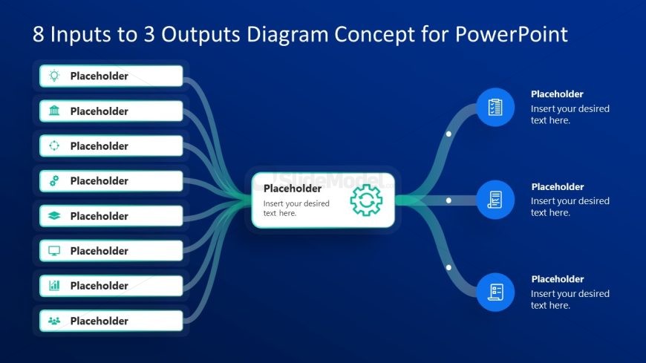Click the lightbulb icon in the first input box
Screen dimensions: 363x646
click(x=54, y=76)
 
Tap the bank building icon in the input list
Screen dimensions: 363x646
click(x=54, y=111)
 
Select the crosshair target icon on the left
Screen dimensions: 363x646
click(x=54, y=146)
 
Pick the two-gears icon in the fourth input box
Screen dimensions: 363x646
click(x=54, y=180)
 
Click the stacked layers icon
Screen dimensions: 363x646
click(x=54, y=216)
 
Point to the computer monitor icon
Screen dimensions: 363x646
click(x=54, y=251)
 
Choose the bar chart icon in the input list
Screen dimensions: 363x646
click(x=54, y=285)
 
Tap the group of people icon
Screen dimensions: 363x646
click(x=54, y=321)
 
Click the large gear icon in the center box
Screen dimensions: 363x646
click(x=366, y=200)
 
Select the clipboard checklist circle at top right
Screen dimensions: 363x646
click(x=495, y=107)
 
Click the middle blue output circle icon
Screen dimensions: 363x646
click(x=495, y=200)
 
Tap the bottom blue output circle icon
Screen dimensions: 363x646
click(x=495, y=292)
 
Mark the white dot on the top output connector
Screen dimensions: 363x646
click(x=448, y=134)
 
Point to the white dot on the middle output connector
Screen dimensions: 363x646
click(x=448, y=200)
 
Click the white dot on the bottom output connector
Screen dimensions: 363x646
click(x=448, y=266)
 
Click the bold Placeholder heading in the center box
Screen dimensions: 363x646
click(x=293, y=189)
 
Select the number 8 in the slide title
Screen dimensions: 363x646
click(x=39, y=34)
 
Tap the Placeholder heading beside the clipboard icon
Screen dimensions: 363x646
click(x=557, y=94)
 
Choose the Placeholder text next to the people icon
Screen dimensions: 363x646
click(x=99, y=321)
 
